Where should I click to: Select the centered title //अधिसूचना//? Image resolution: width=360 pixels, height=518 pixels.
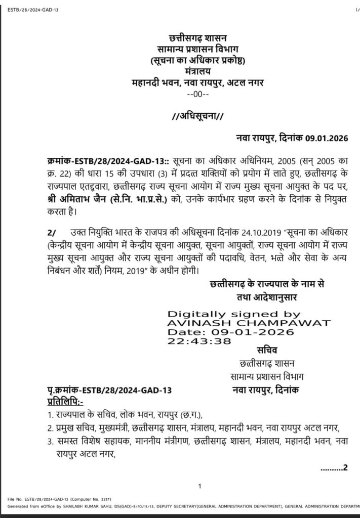click(x=198, y=116)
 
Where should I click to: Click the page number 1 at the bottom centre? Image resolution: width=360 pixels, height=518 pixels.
click(x=200, y=487)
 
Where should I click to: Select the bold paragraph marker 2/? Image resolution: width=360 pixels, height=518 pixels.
click(x=52, y=233)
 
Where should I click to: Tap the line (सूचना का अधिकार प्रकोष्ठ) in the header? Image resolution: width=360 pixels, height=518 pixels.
click(x=198, y=61)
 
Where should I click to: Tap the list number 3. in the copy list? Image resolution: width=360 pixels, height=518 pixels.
click(x=50, y=442)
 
